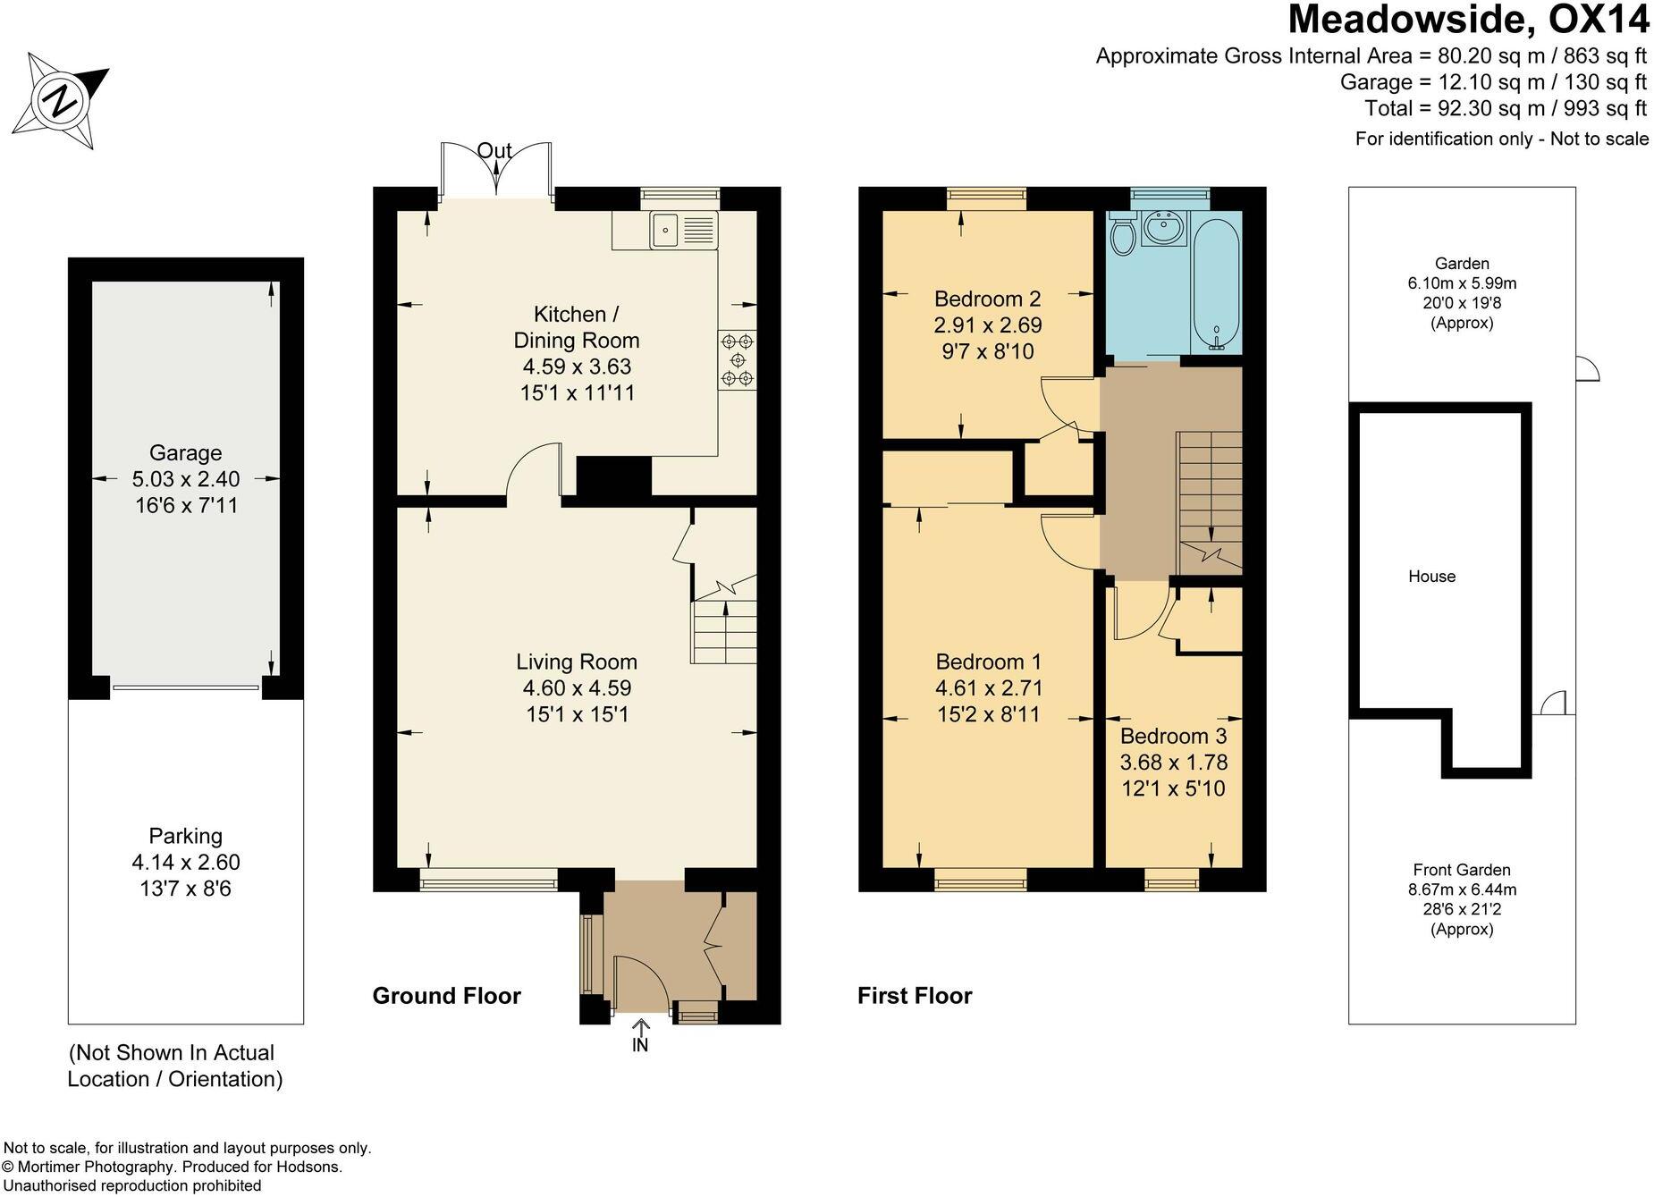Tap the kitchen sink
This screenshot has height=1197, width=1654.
coord(684,230)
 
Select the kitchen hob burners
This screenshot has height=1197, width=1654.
coord(738,359)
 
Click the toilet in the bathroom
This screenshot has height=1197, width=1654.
coord(1122,234)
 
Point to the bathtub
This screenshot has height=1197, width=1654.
coord(1214,283)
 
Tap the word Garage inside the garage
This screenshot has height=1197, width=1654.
coord(185,453)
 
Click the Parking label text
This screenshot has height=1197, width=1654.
coord(185,837)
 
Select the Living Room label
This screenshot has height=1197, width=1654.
coord(577,662)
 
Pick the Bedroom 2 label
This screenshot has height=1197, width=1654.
coord(988,299)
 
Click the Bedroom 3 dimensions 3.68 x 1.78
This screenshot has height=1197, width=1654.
coord(1174,763)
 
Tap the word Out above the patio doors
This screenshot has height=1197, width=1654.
coord(494,151)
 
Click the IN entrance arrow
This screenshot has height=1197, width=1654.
coord(640,1034)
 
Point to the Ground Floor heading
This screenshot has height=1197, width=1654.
coord(447,996)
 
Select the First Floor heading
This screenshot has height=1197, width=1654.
coord(915,996)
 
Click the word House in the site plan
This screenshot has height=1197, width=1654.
coord(1431,577)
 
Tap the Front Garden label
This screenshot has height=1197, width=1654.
coord(1462,870)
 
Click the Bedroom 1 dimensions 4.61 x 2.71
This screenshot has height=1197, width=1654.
coord(989,688)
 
